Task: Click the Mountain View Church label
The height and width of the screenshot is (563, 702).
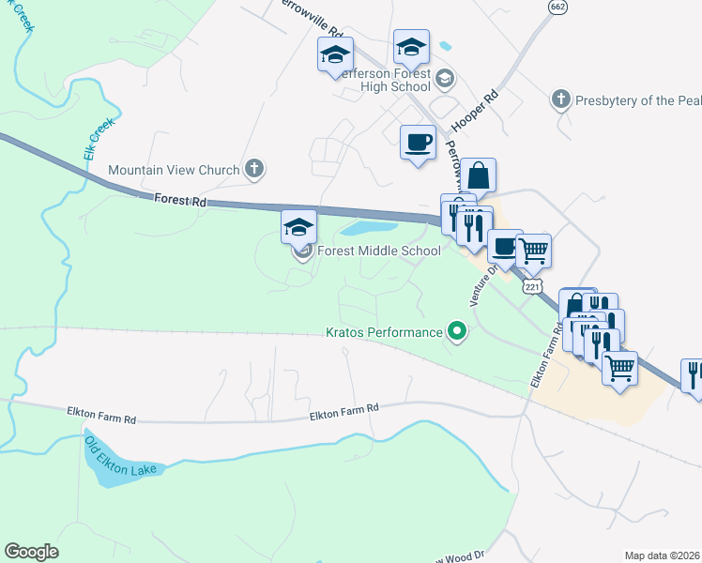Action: coord(175,170)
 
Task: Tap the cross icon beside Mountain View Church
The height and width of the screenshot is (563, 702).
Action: coord(253,170)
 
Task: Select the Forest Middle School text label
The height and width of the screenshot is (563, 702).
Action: coord(379,251)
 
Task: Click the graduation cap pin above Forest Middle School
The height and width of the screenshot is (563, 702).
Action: coord(299,227)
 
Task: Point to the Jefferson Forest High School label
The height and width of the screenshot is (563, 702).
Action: coord(385,81)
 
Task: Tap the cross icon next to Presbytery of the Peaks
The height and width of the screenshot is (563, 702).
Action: coord(560,99)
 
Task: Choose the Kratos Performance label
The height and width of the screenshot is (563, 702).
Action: coord(384,332)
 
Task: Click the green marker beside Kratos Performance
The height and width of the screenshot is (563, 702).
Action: coord(457,331)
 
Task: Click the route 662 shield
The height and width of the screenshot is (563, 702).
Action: coord(558,7)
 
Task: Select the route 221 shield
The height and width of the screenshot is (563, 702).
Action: coord(532,284)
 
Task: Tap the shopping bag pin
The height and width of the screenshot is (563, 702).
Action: coord(478,175)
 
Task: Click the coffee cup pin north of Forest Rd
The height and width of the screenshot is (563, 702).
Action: coord(418,143)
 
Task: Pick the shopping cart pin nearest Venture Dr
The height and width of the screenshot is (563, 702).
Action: coord(533,251)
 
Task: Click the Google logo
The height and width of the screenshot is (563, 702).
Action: coord(31,551)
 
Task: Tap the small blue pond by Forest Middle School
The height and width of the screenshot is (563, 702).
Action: coord(369,228)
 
